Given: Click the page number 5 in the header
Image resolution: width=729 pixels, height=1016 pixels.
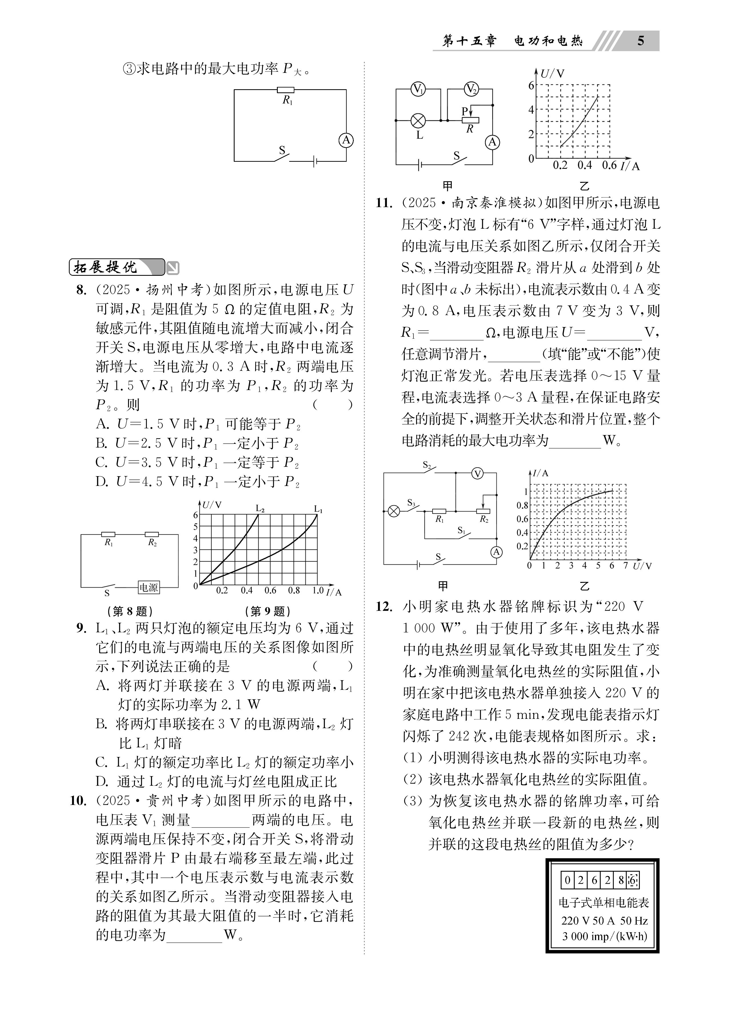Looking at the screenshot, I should (x=640, y=41).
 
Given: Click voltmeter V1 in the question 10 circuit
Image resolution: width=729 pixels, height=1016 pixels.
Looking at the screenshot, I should (x=418, y=89).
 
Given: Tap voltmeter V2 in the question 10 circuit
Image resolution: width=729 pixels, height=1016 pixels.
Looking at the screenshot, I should (x=471, y=89).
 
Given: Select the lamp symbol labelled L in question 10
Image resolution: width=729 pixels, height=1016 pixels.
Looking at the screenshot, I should (x=418, y=120).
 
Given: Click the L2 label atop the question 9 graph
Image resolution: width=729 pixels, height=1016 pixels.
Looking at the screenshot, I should (x=260, y=508).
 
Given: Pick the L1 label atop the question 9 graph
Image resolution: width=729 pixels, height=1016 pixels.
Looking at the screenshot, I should (x=318, y=508).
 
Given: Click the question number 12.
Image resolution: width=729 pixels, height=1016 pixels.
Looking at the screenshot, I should (x=384, y=606).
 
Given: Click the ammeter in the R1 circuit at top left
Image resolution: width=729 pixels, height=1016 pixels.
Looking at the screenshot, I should (x=346, y=141).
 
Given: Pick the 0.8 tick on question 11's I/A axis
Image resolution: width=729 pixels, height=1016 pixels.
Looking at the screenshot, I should (x=522, y=505).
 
